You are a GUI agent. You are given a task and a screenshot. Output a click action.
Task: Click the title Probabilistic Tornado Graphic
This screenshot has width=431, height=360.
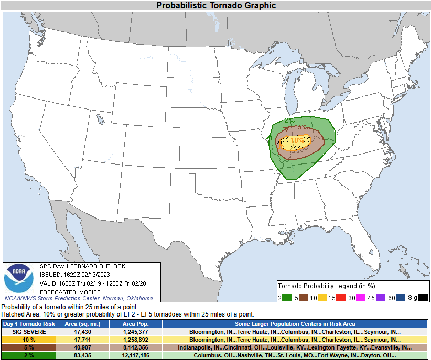point(216,5)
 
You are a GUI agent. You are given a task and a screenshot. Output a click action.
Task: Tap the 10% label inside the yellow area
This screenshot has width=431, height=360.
point(297,140)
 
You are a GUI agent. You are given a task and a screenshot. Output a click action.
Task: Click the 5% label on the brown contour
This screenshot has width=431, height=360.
point(303,127)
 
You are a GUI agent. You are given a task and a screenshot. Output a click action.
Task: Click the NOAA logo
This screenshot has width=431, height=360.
point(19,278)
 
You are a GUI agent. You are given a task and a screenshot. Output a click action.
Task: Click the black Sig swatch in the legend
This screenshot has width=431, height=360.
point(423,298)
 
